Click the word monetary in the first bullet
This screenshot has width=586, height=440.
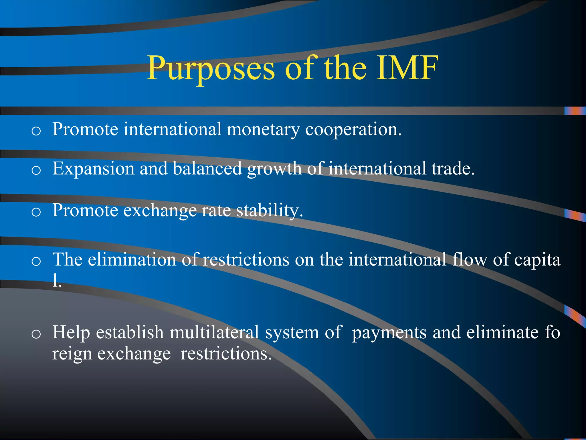(263, 129)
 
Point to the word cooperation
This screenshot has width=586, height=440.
(353, 129)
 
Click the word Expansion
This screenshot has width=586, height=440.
(93, 169)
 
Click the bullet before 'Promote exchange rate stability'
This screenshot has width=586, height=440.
(36, 212)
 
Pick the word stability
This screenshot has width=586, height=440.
(269, 211)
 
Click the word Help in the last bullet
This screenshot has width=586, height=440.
(71, 332)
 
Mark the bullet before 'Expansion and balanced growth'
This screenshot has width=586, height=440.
(36, 170)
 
